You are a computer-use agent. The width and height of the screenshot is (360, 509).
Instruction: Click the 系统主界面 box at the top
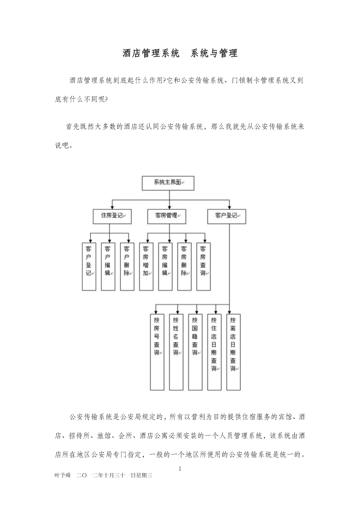(168, 183)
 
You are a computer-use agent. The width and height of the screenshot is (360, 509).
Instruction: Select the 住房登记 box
(112, 217)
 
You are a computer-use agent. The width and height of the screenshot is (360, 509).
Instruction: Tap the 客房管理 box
(166, 217)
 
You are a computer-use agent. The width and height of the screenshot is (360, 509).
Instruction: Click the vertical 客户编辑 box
(108, 267)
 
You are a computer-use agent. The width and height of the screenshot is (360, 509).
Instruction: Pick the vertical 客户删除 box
(127, 267)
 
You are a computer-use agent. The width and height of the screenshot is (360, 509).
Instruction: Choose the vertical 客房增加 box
(146, 267)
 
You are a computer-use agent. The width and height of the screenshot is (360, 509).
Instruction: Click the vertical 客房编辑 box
(165, 267)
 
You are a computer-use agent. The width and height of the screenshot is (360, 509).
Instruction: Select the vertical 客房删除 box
(185, 267)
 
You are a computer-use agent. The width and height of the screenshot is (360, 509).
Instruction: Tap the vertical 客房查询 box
(204, 267)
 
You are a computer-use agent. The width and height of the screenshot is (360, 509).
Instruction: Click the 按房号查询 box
(157, 352)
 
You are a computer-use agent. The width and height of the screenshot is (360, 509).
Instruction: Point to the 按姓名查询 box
(176, 352)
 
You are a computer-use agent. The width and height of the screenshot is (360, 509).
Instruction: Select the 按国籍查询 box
(195, 352)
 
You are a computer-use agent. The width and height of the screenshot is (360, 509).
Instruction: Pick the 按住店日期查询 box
(214, 352)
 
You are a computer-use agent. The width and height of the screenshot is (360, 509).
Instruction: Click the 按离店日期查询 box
(234, 352)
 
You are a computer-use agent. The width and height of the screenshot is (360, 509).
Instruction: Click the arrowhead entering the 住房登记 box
(112, 208)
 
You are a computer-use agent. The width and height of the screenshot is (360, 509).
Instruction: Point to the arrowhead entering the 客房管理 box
(169, 208)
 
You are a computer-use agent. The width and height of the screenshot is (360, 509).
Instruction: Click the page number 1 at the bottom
(180, 469)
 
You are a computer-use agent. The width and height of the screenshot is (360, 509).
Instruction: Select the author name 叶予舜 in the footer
(63, 475)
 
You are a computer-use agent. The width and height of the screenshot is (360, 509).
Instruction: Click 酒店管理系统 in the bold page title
(151, 53)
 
